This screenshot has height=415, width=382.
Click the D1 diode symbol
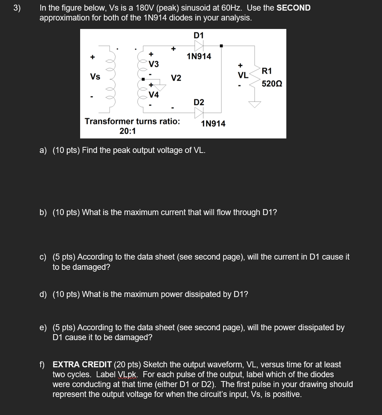click(199, 46)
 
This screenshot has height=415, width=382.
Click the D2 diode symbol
click(199, 113)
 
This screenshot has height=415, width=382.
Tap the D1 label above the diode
click(199, 35)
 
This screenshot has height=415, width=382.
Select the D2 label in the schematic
click(199, 102)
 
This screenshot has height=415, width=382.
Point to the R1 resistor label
click(267, 71)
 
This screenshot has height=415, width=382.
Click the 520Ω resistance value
click(272, 84)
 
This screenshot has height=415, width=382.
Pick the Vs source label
click(95, 77)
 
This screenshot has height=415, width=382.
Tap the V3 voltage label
click(154, 64)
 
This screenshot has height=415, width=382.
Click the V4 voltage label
click(154, 95)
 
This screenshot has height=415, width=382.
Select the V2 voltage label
click(176, 78)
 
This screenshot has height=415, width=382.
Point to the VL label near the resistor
click(243, 75)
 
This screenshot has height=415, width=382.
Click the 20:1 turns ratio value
click(127, 131)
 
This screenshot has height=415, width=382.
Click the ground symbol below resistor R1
click(255, 105)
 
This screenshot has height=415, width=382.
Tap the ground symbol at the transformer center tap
click(160, 88)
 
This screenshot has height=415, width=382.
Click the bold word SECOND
click(293, 8)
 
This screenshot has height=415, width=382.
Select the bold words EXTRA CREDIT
click(82, 364)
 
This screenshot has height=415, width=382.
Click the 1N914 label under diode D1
click(199, 57)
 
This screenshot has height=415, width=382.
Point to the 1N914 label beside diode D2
click(213, 124)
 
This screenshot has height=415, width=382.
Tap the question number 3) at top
click(17, 8)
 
